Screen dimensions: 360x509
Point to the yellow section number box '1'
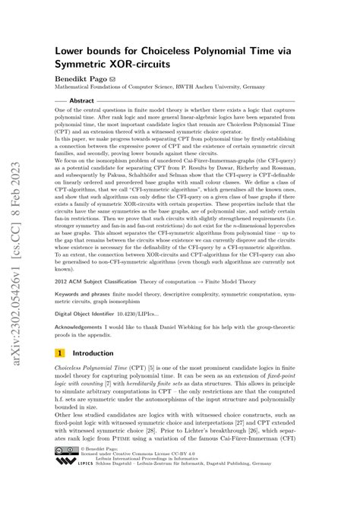pos(59,353)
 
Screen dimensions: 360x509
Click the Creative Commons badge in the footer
pos(65,472)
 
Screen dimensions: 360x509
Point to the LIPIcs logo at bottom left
pos(65,483)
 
